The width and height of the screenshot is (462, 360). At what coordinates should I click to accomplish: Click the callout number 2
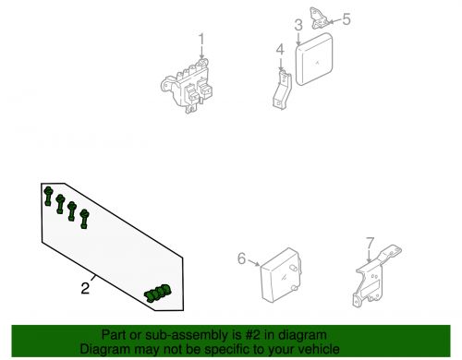pyautogui.click(x=84, y=289)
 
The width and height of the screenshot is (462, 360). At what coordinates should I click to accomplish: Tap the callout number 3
pyautogui.click(x=298, y=25)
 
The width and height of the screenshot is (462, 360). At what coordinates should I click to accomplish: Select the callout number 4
pyautogui.click(x=278, y=49)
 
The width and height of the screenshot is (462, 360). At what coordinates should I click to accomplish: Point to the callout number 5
pyautogui.click(x=346, y=18)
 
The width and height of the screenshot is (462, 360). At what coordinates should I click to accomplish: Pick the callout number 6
pyautogui.click(x=242, y=259)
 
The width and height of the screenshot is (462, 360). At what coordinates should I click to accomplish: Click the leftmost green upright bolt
pyautogui.click(x=47, y=195)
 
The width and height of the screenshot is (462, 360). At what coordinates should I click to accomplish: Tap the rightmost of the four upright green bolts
pyautogui.click(x=85, y=218)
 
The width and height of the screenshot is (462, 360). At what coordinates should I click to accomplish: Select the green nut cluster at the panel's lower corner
pyautogui.click(x=158, y=294)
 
